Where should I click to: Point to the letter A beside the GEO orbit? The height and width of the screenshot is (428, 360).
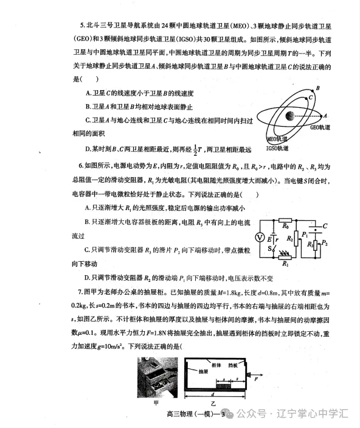tap(325, 115)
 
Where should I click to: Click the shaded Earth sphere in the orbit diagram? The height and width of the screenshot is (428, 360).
tap(290, 116)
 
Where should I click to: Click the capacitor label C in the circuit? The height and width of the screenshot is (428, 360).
tap(325, 226)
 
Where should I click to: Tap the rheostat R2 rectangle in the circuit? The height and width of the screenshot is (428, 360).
tap(296, 239)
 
